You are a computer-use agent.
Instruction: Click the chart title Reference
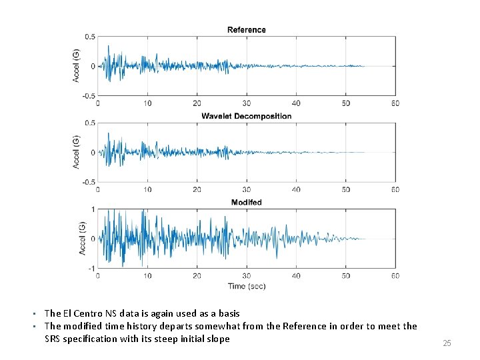click(247, 30)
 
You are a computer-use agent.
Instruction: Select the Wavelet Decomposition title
click(247, 116)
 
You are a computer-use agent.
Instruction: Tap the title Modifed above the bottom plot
click(247, 203)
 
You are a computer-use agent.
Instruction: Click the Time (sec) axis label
click(247, 286)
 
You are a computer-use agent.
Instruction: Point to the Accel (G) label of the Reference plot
click(75, 65)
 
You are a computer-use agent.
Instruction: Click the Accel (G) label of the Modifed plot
click(82, 238)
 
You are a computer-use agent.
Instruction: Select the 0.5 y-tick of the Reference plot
click(90, 37)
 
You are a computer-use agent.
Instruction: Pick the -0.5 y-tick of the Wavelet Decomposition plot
click(89, 182)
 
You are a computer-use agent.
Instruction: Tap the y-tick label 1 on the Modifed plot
click(93, 209)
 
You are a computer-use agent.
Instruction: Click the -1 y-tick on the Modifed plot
click(92, 269)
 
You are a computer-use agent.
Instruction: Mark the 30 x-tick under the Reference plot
click(247, 103)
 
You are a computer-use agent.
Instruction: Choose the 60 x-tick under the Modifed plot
click(395, 276)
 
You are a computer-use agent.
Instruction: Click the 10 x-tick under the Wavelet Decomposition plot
click(147, 189)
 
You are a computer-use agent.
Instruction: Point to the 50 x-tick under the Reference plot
click(346, 103)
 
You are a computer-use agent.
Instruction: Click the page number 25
click(447, 343)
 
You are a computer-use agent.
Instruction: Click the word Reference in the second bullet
click(305, 326)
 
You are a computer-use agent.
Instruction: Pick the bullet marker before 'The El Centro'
click(34, 314)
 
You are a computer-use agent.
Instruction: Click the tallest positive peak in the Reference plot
click(108, 46)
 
